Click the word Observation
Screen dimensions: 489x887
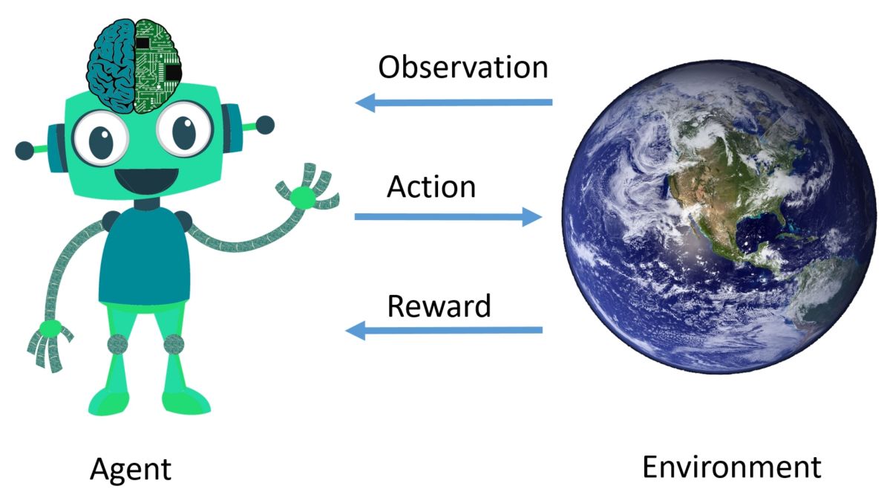pyautogui.click(x=462, y=68)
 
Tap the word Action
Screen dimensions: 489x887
pyautogui.click(x=431, y=187)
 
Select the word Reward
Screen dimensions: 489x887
pyautogui.click(x=439, y=305)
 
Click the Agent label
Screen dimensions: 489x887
pyautogui.click(x=131, y=469)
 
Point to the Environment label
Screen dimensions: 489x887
pyautogui.click(x=731, y=467)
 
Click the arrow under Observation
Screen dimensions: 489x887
pyautogui.click(x=454, y=103)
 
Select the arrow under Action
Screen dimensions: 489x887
pyautogui.click(x=448, y=216)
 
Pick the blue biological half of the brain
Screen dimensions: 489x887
pyautogui.click(x=111, y=66)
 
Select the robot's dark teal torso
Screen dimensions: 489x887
pyautogui.click(x=144, y=256)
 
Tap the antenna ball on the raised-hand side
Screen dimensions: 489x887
pyautogui.click(x=264, y=125)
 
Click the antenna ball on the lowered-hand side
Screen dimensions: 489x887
pyautogui.click(x=24, y=151)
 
